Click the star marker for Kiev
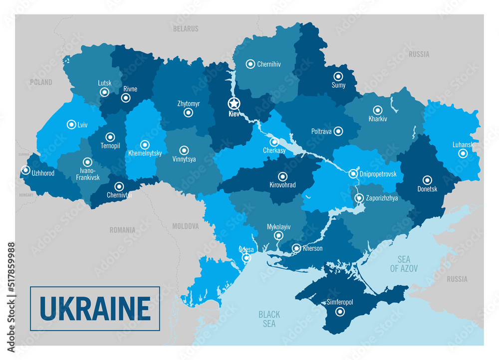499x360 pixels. [234, 104]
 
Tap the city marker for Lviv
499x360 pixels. [70, 125]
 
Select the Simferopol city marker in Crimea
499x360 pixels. [340, 312]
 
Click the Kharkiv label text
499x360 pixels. [378, 119]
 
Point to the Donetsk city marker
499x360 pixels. [427, 180]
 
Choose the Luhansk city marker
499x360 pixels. [463, 154]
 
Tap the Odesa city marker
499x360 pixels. [246, 258]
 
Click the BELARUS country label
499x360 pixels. [186, 29]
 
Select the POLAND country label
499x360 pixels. [41, 82]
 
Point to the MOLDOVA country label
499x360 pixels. [185, 226]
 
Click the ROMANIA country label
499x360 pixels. [122, 230]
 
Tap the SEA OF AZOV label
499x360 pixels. [404, 264]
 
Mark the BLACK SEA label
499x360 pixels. [269, 319]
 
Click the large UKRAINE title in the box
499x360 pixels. [95, 309]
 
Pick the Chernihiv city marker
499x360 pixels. [250, 64]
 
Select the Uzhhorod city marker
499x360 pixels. [25, 170]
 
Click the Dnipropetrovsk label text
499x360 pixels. [378, 174]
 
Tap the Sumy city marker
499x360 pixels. [338, 76]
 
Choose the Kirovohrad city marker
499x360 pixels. [282, 176]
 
